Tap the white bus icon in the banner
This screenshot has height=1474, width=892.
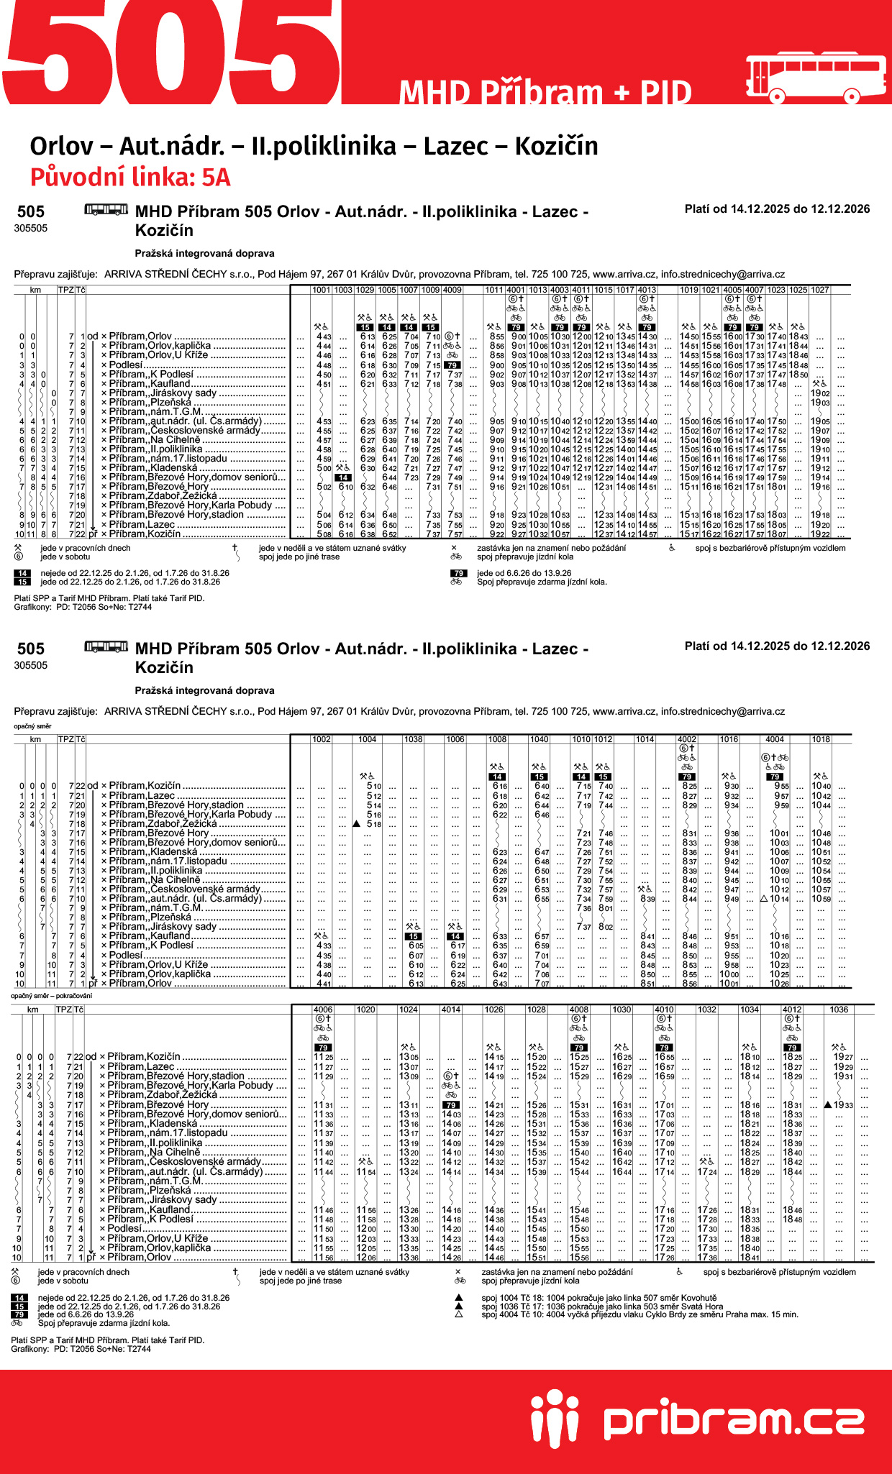point(816,78)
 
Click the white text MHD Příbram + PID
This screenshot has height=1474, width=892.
point(545,93)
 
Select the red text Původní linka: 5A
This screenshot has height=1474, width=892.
point(130,177)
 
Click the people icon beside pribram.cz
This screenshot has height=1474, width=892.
point(555,1421)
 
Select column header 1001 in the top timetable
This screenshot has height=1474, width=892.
point(322,290)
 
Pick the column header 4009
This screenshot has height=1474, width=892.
point(452,290)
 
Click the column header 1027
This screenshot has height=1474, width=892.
point(820,290)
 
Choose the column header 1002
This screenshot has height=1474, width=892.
point(322,739)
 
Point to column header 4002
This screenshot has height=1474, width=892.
point(687,739)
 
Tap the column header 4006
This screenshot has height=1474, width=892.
point(323,1010)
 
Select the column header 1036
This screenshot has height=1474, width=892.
point(839,1010)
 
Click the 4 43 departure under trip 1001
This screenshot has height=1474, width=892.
point(324,337)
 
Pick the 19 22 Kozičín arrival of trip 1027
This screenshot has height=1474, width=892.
point(820,534)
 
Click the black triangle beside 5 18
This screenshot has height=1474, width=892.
point(357,824)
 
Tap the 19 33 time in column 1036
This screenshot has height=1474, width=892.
point(843,1105)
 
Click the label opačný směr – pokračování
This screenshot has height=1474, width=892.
point(51,996)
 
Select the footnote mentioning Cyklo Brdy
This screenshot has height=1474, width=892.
point(640,1314)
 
